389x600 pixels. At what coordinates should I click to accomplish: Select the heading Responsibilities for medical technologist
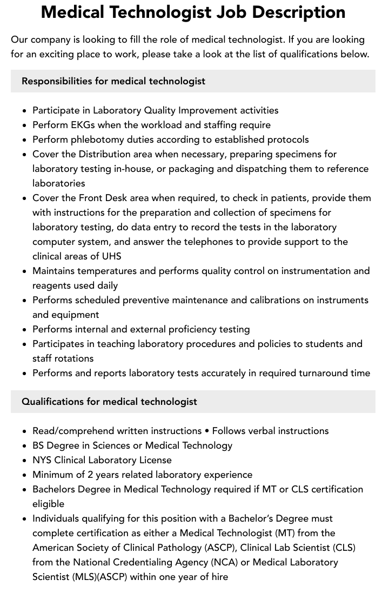(x=113, y=81)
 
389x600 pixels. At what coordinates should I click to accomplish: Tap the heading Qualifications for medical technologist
(x=109, y=402)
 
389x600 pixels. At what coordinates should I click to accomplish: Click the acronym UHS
(x=111, y=256)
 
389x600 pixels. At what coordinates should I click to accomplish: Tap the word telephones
(x=209, y=242)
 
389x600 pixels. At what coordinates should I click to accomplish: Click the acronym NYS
(x=42, y=460)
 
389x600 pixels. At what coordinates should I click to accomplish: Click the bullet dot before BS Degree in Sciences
(x=25, y=446)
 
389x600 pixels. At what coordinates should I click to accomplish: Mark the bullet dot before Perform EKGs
(x=25, y=125)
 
